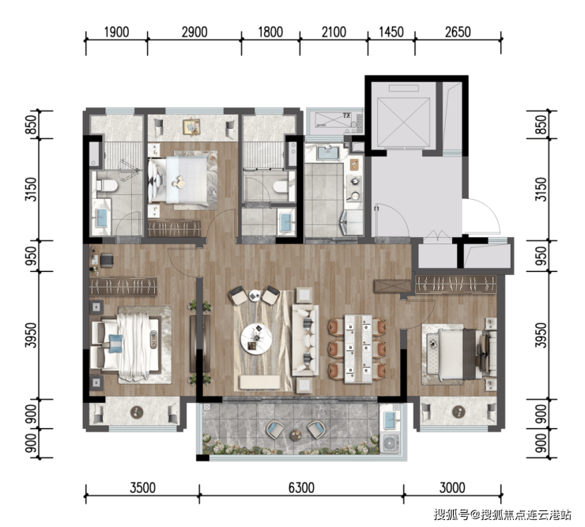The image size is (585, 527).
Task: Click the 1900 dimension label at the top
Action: (x=116, y=32)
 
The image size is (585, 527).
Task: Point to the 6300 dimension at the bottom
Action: (x=301, y=487)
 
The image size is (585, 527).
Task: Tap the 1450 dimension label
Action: (x=391, y=32)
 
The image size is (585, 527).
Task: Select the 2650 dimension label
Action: (x=458, y=32)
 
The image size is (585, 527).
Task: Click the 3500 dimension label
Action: (x=143, y=487)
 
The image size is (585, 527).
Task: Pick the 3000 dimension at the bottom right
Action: (x=452, y=487)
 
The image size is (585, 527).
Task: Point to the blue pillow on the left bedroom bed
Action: (x=115, y=343)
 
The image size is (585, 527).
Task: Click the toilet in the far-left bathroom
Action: (x=107, y=186)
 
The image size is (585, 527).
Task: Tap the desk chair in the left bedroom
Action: (x=107, y=260)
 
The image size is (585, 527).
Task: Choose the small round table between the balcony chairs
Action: (x=296, y=435)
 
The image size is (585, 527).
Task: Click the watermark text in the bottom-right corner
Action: (x=502, y=515)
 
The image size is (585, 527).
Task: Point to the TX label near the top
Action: (x=346, y=116)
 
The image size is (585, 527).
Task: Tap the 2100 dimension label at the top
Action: (x=334, y=32)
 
